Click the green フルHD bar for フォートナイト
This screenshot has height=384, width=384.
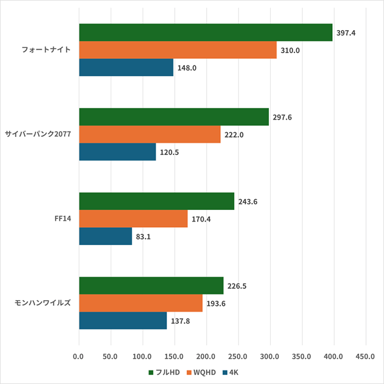[205, 33]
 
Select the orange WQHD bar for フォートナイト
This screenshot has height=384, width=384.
[177, 50]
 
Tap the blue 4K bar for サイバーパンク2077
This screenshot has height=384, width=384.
[117, 152]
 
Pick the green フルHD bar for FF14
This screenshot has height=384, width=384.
[156, 202]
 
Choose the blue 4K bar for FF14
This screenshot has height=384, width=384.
[105, 236]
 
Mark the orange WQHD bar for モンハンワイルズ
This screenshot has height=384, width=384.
[140, 303]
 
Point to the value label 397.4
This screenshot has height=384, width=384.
[347, 33]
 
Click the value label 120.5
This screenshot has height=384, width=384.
[170, 152]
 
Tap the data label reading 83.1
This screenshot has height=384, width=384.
[144, 236]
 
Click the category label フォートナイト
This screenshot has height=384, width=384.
[48, 50]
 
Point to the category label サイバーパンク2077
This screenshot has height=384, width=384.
[38, 134]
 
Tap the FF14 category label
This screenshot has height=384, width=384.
[63, 219]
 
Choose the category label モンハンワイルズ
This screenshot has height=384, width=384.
[42, 303]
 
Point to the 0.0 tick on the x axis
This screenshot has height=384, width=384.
[79, 356]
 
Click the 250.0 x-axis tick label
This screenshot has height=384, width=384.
[238, 356]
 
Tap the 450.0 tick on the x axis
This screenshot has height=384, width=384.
[365, 356]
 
